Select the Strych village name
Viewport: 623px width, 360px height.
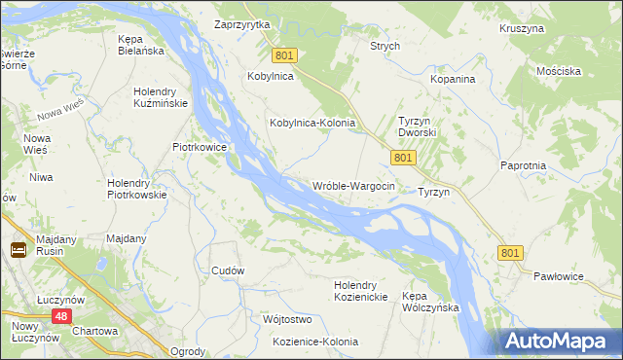385,46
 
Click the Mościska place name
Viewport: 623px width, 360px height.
558,72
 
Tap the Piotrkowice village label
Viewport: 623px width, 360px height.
200,147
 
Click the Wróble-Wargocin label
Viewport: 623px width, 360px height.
352,186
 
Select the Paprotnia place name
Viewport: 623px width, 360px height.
523,166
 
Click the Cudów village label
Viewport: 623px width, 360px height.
227,270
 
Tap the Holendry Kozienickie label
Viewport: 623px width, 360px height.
361,291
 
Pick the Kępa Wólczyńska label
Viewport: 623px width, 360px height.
430,301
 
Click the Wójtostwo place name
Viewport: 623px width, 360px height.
286,319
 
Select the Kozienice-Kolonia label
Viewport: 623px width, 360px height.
315,342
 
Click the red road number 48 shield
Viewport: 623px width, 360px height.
61,317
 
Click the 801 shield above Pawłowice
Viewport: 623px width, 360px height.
510,253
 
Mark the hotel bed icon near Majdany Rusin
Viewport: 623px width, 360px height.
18,250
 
